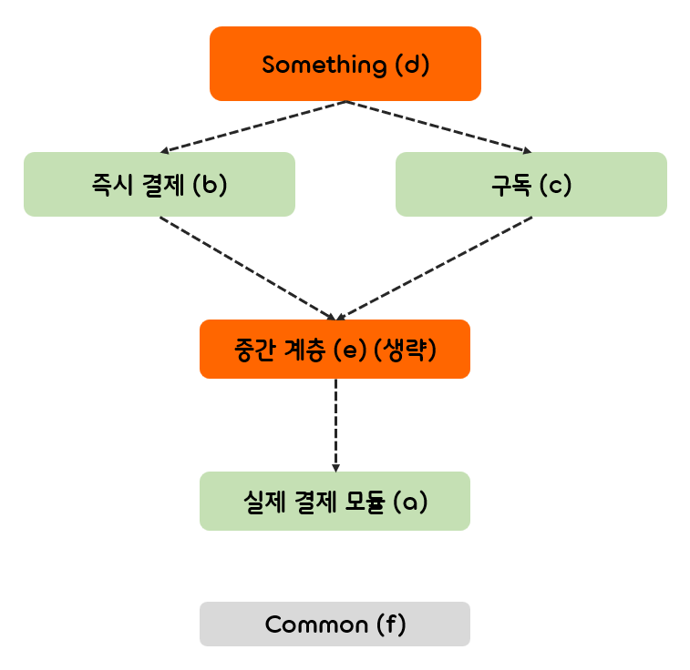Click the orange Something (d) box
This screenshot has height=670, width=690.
click(345, 64)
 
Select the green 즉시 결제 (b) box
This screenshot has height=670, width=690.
click(159, 184)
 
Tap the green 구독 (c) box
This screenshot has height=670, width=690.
click(530, 184)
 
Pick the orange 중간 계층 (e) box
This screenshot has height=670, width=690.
click(335, 349)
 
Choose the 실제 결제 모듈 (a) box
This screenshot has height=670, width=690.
click(335, 501)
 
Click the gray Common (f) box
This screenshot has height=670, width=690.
click(335, 624)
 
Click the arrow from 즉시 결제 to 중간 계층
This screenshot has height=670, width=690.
click(246, 268)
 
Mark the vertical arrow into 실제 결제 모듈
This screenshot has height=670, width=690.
click(335, 423)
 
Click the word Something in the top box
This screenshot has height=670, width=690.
click(311, 65)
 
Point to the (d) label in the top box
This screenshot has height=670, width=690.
click(411, 65)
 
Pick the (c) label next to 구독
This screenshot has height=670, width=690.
click(554, 184)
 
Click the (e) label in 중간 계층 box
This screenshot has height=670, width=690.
click(347, 349)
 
